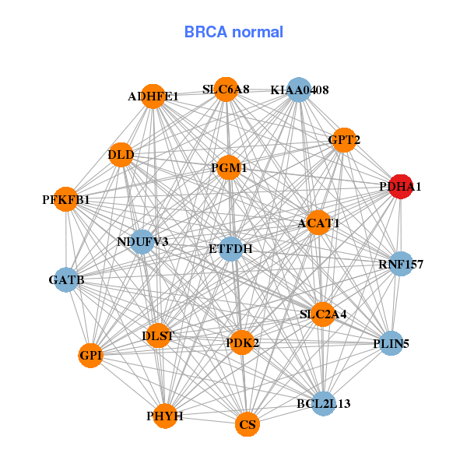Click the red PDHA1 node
[401, 187]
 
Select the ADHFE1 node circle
[153, 97]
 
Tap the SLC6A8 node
[226, 90]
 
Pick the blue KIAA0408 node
[299, 90]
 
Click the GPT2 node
[342, 140]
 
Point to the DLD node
[121, 155]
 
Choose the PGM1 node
[229, 167]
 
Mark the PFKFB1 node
[66, 200]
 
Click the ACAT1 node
[318, 223]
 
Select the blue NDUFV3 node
[142, 241]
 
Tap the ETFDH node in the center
[231, 249]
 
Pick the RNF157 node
[401, 264]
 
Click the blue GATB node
[66, 279]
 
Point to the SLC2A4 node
[323, 314]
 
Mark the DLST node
[158, 336]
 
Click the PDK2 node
[242, 342]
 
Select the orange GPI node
[91, 356]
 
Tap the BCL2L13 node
[324, 403]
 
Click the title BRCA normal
[233, 32]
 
